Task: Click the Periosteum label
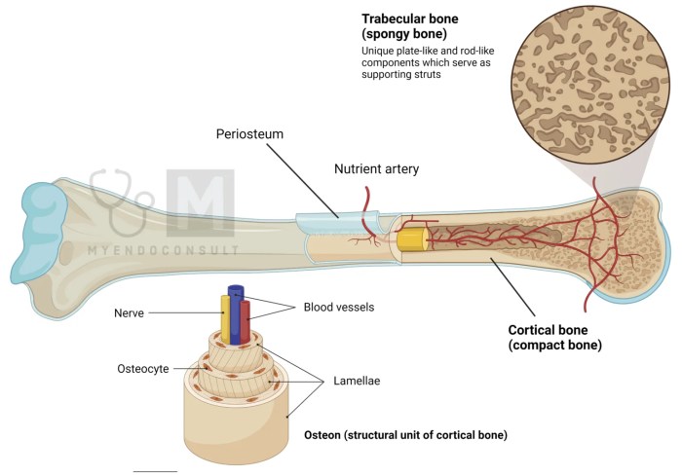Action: (249, 133)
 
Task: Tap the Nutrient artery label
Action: (376, 168)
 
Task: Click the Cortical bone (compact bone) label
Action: (554, 336)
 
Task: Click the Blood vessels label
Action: (338, 307)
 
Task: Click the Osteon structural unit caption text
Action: (405, 434)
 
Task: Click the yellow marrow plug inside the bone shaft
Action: (413, 240)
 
